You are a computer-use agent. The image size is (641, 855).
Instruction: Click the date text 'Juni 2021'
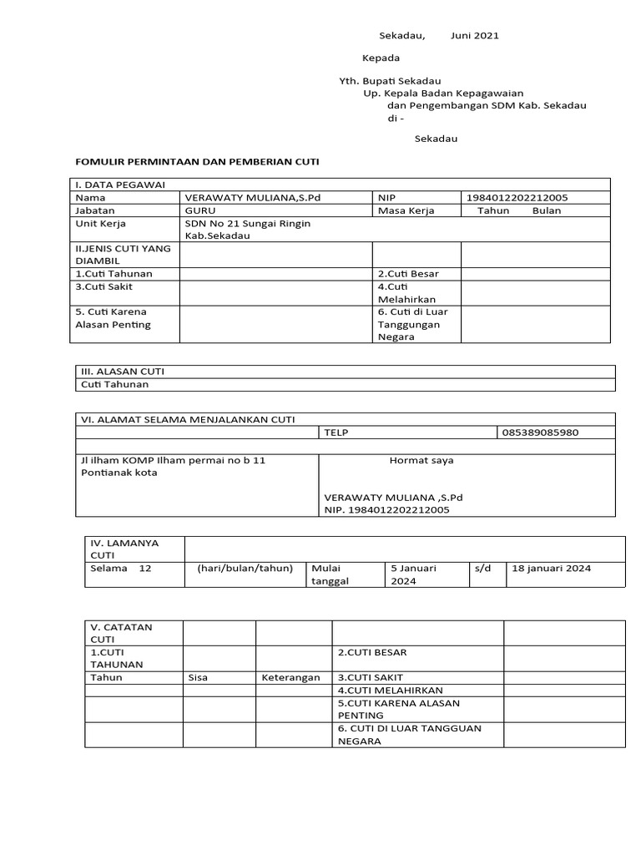point(475,36)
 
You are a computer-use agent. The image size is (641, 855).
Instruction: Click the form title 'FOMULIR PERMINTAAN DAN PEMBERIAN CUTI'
point(197,160)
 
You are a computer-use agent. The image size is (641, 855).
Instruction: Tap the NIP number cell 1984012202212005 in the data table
point(517,198)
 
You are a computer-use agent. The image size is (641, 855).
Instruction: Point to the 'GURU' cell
point(199,211)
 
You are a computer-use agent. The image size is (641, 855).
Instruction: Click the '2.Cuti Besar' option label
point(408,274)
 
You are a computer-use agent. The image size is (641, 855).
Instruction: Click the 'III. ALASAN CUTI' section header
point(127,372)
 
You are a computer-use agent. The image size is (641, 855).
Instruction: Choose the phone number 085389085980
point(540,433)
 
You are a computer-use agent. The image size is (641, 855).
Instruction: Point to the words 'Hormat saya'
point(421,460)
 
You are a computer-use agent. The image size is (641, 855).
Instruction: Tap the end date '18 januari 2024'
point(551,569)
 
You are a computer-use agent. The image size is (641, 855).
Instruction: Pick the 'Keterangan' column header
point(290,677)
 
